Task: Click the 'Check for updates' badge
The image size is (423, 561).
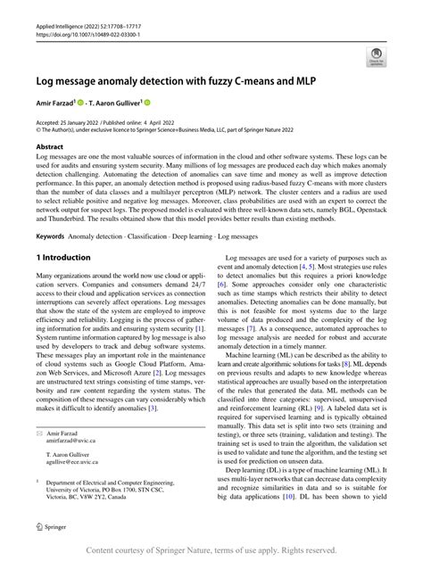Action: pos(377,56)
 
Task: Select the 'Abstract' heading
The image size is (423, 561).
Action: pos(50,146)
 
